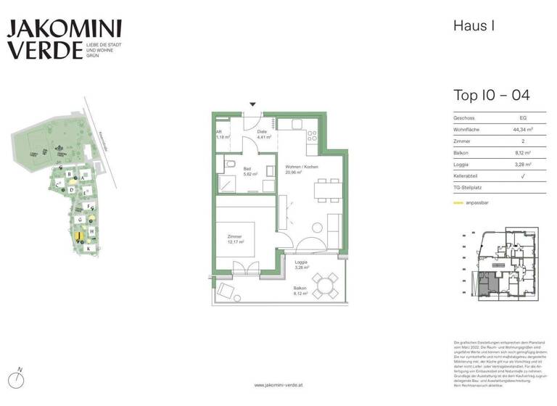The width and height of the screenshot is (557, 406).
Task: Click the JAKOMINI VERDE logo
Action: tap(64, 39)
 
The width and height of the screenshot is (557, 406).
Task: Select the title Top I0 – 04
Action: tap(491, 95)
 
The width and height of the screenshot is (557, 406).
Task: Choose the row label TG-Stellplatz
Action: tap(470, 189)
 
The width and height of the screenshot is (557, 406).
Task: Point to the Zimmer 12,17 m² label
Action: tap(234, 240)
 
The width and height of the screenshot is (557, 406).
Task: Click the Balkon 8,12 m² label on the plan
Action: tap(300, 291)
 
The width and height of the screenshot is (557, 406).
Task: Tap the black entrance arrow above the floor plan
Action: tap(252, 104)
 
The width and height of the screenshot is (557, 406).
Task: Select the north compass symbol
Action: tap(20, 379)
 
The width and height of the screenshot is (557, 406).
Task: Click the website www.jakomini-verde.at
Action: tap(278, 385)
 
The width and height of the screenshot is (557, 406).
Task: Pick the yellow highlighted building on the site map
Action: tap(78, 236)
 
